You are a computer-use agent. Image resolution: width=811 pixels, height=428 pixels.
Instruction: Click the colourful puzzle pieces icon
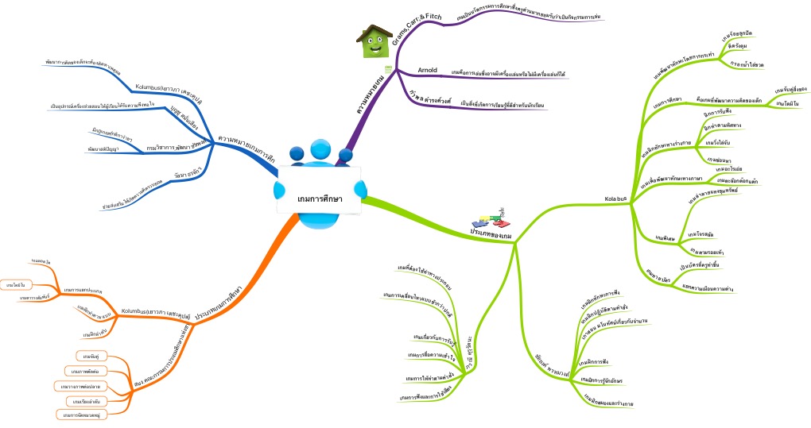pyautogui.click(x=487, y=219)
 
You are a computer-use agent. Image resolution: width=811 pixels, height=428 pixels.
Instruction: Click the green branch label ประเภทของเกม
pyautogui.click(x=490, y=232)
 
